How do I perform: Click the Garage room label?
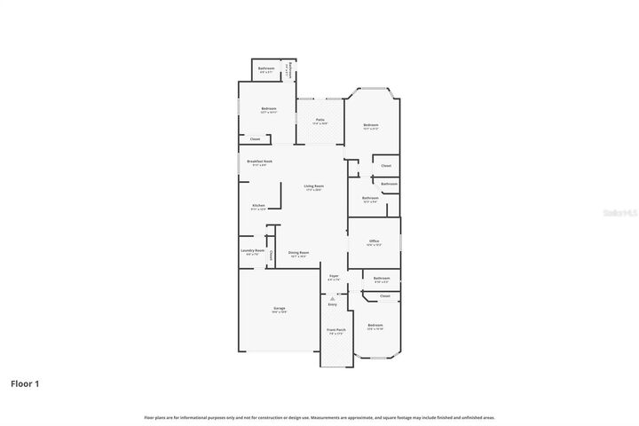point(279,308)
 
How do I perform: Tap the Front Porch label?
point(336,329)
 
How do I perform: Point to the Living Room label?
point(313,185)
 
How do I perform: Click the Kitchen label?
point(258,205)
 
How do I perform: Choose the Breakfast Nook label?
point(260,162)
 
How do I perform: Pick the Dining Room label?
point(298,252)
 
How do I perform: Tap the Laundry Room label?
point(253,250)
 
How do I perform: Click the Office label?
point(374,241)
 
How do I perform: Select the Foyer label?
point(334,276)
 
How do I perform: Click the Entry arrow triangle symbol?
point(333,298)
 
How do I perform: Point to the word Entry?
point(333,304)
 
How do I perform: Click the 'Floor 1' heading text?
point(25,383)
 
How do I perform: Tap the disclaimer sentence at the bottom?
point(319,416)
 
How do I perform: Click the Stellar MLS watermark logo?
point(619,213)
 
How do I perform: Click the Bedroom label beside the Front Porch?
point(375,326)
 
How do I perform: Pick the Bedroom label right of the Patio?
point(370,125)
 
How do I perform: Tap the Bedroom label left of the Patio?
point(269,108)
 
